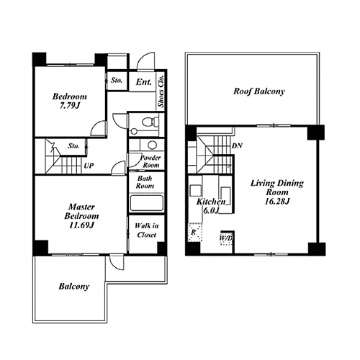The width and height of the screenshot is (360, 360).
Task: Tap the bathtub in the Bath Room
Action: coord(146,203)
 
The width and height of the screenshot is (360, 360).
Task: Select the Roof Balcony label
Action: coord(259,91)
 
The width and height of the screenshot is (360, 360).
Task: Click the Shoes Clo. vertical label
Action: coord(161,91)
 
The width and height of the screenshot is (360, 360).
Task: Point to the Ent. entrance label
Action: coord(143,82)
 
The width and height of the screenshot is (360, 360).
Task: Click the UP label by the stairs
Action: coord(89,166)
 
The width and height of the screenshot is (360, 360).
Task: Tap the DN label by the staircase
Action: coord(237,145)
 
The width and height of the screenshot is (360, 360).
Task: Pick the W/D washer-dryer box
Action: coord(226,238)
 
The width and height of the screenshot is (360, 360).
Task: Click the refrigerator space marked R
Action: coord(195,232)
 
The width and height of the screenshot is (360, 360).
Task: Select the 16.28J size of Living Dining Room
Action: coord(277,201)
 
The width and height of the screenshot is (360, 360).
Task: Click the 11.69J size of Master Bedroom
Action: coord(81,225)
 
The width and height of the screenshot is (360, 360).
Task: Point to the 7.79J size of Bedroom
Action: coord(70,105)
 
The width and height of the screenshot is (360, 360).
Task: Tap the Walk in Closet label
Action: coord(147,230)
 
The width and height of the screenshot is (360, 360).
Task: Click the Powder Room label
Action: coord(150,161)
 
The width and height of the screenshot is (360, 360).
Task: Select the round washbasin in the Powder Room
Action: coord(153,145)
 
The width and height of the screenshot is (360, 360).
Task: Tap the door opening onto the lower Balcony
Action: coord(117,262)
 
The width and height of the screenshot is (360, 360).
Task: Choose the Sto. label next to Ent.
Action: coord(117,81)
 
